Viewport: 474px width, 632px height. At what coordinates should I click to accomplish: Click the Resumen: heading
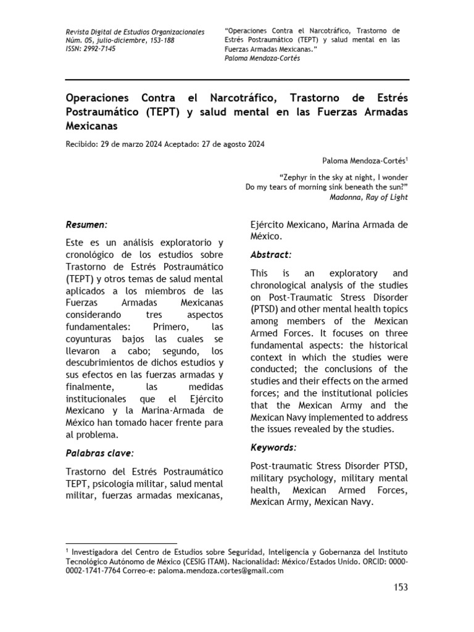(86, 225)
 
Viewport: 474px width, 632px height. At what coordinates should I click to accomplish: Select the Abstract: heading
(271, 254)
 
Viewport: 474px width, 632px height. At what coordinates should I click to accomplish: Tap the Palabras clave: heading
(98, 453)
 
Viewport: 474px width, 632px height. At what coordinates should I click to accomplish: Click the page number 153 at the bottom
(401, 587)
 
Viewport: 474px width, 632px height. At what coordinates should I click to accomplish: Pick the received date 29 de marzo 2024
(129, 144)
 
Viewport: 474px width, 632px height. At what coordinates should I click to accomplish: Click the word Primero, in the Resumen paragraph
(162, 326)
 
